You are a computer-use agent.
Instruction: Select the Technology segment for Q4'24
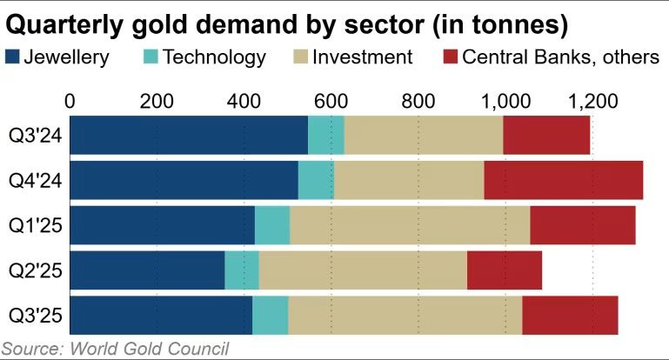316,179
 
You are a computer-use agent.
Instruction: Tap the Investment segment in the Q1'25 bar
410,224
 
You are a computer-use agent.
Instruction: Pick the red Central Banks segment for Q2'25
505,270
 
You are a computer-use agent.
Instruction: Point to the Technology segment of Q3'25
270,315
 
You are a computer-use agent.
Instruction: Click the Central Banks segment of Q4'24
563,179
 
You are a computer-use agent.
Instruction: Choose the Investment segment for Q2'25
363,270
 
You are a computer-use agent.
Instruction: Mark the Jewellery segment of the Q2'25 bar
147,270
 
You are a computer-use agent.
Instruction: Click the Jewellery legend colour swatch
13,57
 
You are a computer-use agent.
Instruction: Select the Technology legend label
214,57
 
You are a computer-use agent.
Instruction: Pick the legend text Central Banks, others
561,57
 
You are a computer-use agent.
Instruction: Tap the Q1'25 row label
33,224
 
